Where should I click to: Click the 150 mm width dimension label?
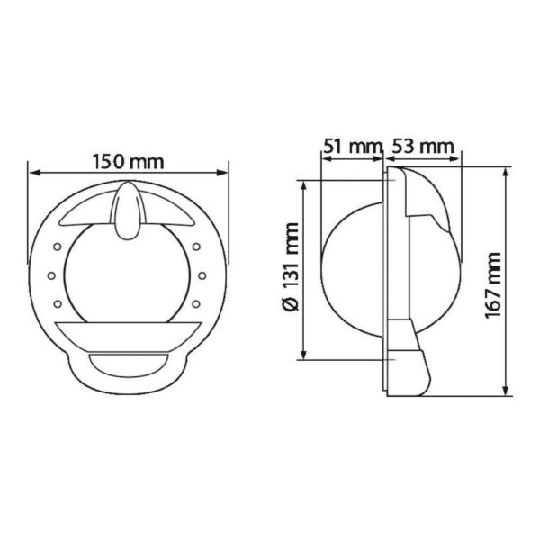[x=129, y=163]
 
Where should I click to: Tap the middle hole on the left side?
[x=51, y=274]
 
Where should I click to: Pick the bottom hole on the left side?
[x=58, y=302]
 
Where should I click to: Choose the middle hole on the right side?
[x=206, y=274]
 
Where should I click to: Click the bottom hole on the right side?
[x=200, y=302]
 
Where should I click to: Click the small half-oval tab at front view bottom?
[x=129, y=366]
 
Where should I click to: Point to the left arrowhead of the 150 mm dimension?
[x=33, y=172]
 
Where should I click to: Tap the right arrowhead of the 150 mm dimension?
[x=225, y=172]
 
